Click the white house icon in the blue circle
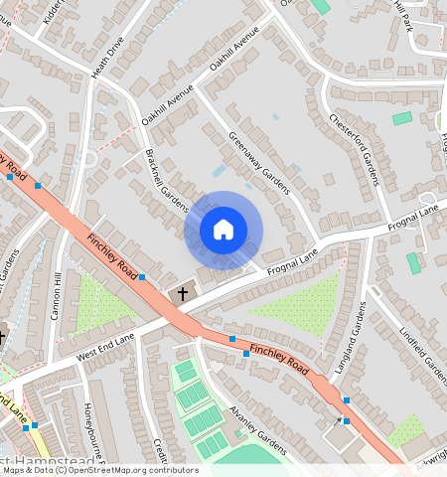[x=223, y=230]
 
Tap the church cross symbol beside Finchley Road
[x=182, y=294]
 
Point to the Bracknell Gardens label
[x=166, y=180]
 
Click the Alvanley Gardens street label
[x=256, y=430]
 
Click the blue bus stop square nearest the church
[x=142, y=276]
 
